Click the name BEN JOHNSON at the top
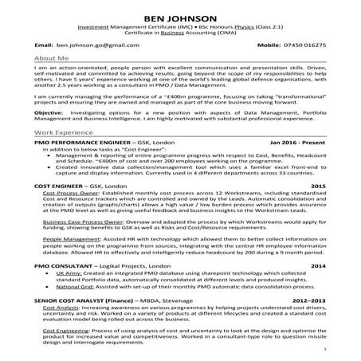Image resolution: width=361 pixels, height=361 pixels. pyautogui.click(x=180, y=16)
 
